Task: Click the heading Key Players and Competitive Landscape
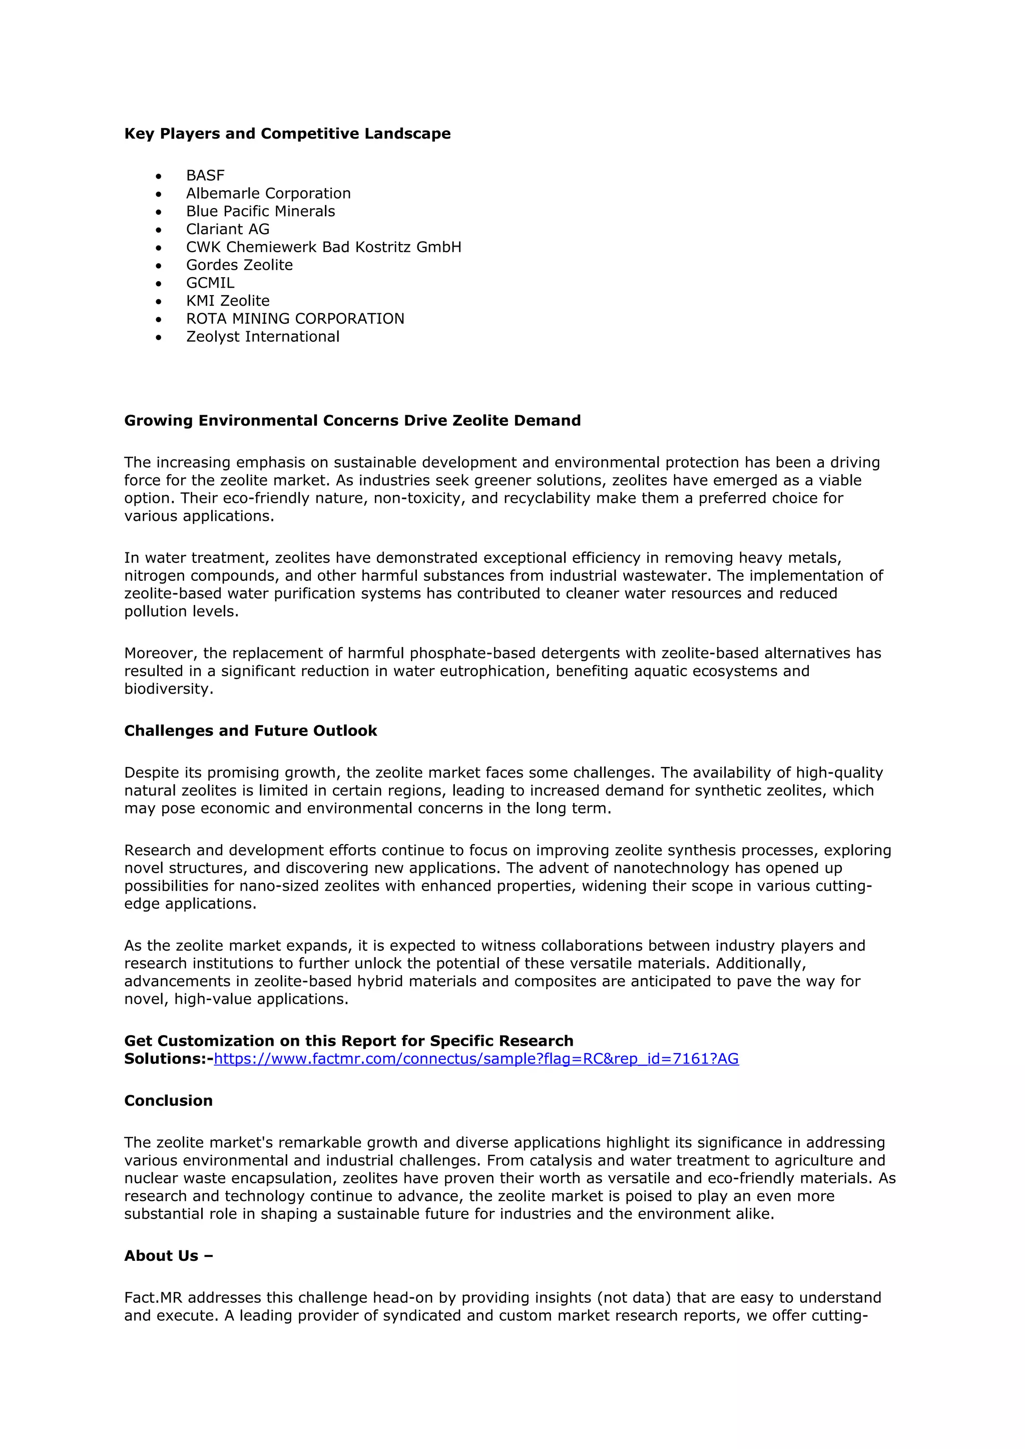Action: pos(287,133)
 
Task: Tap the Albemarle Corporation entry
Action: pos(268,193)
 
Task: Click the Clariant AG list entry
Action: pos(227,229)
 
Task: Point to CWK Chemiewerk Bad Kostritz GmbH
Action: pos(323,247)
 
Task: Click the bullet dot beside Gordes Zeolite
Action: pos(159,266)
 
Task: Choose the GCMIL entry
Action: pos(210,283)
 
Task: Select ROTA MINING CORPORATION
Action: pos(295,319)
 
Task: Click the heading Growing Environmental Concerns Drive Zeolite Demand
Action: pos(352,420)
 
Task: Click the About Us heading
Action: pos(168,1255)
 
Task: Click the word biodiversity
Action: pos(167,688)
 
